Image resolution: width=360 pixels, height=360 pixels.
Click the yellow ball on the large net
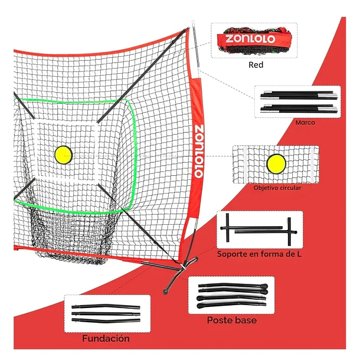click(x=63, y=155)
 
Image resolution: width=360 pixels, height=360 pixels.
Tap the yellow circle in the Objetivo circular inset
click(x=276, y=164)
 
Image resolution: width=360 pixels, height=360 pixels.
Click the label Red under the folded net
click(x=256, y=65)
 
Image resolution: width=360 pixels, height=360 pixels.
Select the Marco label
click(x=305, y=122)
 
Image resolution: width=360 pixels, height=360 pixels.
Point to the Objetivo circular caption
click(x=277, y=188)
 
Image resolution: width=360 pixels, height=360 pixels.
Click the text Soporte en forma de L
click(x=259, y=254)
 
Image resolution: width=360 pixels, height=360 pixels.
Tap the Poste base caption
click(x=232, y=320)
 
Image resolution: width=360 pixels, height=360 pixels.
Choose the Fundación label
click(x=106, y=338)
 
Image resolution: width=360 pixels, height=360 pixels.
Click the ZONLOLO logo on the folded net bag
click(x=250, y=39)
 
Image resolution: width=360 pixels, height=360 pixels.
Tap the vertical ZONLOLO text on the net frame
click(x=199, y=152)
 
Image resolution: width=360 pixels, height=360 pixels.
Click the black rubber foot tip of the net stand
click(x=165, y=292)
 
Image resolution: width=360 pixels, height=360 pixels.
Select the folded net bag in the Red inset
click(x=254, y=41)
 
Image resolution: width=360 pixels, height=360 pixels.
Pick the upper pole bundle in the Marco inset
click(x=299, y=94)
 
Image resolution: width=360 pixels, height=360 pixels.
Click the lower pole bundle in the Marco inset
click(x=299, y=109)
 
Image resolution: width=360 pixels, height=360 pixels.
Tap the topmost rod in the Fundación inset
click(x=106, y=306)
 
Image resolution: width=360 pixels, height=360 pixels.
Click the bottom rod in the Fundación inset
click(x=106, y=320)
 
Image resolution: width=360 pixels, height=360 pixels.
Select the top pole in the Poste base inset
click(x=233, y=286)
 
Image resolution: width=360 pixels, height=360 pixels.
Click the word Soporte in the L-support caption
click(x=231, y=254)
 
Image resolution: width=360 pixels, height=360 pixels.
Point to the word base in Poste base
click(x=245, y=320)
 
